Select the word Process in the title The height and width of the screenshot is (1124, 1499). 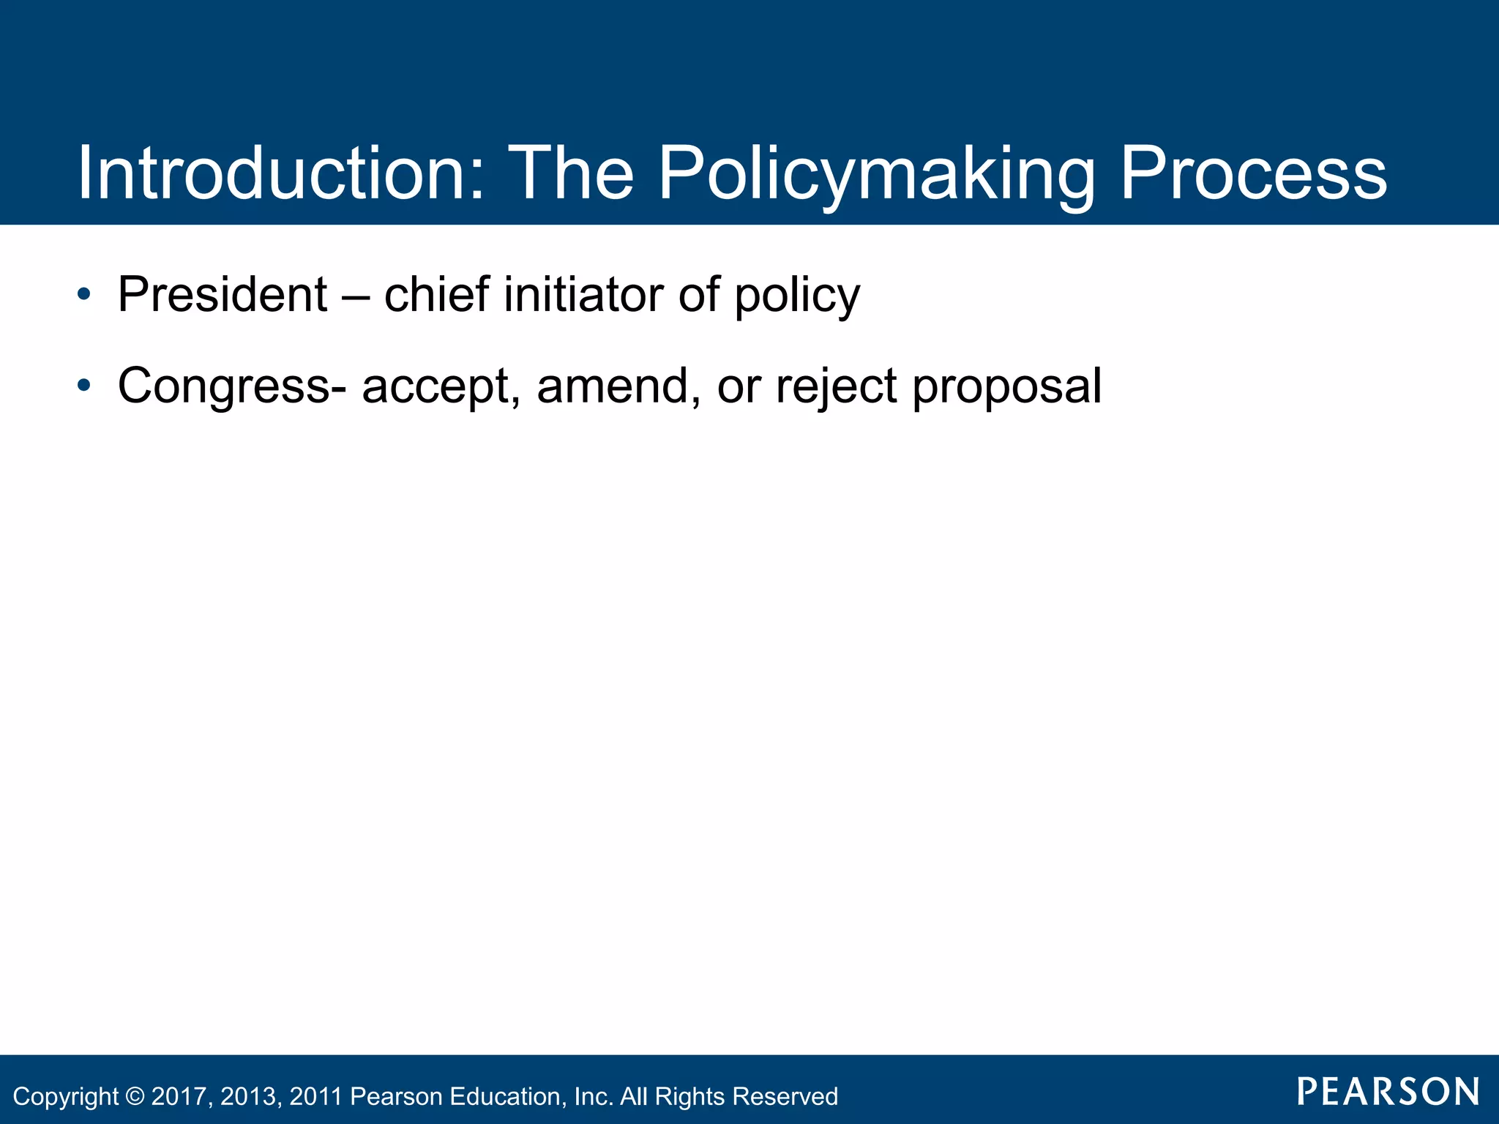point(1253,173)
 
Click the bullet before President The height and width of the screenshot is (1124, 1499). point(84,294)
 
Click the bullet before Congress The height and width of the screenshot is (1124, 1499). point(84,386)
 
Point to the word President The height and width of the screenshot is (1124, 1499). point(223,294)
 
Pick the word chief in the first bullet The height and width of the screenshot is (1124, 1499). point(436,294)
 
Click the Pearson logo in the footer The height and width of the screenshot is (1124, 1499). point(1388,1092)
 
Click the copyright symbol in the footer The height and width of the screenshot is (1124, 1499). point(135,1096)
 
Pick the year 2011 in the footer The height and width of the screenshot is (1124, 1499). point(315,1096)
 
